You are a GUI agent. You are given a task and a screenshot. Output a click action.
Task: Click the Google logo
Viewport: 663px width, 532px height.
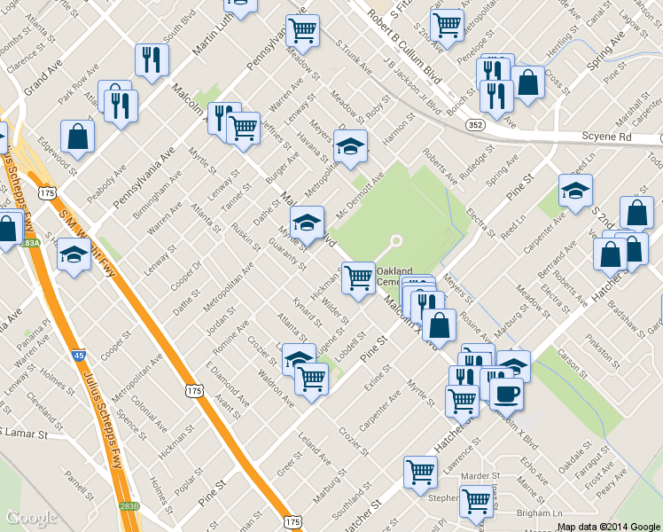[32, 518]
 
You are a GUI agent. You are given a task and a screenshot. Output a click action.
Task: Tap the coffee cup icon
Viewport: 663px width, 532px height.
[506, 392]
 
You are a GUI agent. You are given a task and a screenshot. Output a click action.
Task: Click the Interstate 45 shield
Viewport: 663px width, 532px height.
[79, 355]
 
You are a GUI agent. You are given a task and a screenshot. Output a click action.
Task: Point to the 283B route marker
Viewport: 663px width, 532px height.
[129, 505]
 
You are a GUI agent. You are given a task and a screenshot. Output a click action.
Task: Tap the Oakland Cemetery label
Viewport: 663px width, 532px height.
[394, 276]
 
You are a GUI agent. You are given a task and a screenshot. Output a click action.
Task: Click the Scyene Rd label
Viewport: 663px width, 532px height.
[607, 137]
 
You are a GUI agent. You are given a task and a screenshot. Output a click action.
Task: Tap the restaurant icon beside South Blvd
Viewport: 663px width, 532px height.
[152, 59]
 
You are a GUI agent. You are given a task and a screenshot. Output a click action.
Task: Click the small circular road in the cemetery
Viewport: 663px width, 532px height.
[396, 240]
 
